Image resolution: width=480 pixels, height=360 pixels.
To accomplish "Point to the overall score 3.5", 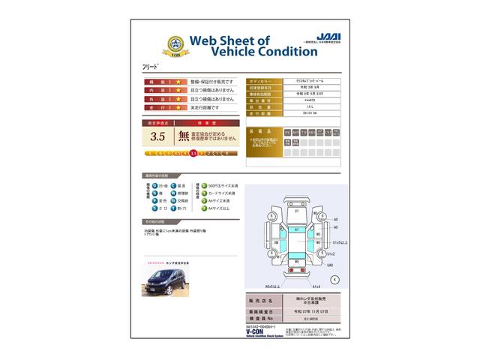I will (x=158, y=136).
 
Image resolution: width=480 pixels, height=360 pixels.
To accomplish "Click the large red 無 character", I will (x=183, y=136).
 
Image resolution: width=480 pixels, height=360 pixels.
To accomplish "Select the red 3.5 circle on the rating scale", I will (x=193, y=153).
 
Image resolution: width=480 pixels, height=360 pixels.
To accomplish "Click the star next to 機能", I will (x=178, y=81).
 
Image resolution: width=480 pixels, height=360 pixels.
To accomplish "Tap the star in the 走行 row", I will (x=178, y=108).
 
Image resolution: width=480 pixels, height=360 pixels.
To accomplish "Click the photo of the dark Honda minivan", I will (x=165, y=280).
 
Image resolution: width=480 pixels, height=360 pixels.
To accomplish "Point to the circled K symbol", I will (x=334, y=278).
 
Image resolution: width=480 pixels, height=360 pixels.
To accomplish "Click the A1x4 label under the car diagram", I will (x=316, y=286).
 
